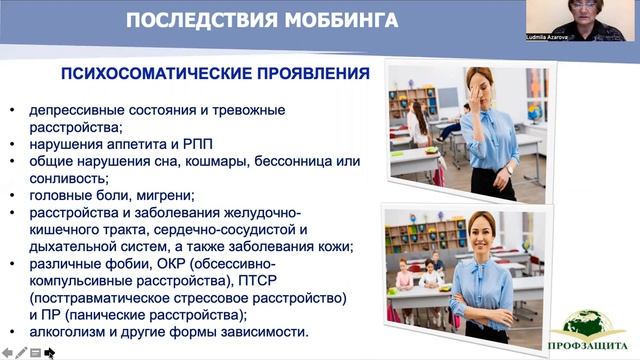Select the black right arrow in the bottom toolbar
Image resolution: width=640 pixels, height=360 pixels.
click(48, 352)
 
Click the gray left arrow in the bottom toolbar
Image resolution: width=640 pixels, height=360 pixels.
click(5, 352)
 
